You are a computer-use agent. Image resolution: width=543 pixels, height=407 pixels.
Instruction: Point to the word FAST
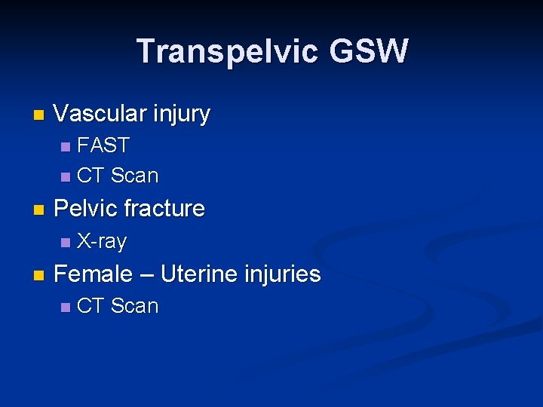[x=104, y=145]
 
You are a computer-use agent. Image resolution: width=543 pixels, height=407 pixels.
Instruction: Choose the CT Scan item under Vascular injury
[x=118, y=176]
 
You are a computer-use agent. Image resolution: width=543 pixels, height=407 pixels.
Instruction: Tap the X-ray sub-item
[x=102, y=242]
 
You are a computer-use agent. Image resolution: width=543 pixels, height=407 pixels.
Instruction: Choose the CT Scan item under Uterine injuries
[x=118, y=306]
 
